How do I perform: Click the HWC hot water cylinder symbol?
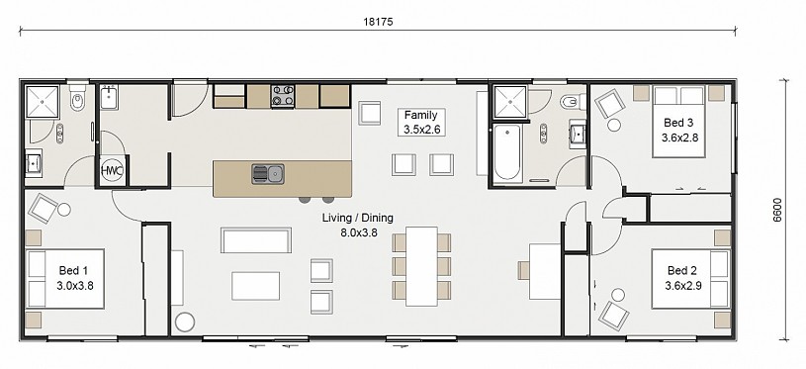[x=112, y=170]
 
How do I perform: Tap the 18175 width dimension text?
[x=378, y=22]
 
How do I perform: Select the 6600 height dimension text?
[x=776, y=210]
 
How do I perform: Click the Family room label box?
[x=421, y=123]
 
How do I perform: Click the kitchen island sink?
[x=268, y=174]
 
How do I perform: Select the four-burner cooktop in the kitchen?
[x=283, y=96]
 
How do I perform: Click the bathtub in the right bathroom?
[x=507, y=152]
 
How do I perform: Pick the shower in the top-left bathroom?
[x=43, y=102]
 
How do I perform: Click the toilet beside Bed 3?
[x=573, y=102]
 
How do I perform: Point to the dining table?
[x=421, y=266]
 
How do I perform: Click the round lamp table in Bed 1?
[x=63, y=210]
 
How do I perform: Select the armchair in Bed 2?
[x=614, y=314]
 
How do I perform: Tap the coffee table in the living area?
[x=255, y=286]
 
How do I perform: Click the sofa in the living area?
[x=256, y=240]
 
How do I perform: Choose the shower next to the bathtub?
[x=510, y=102]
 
